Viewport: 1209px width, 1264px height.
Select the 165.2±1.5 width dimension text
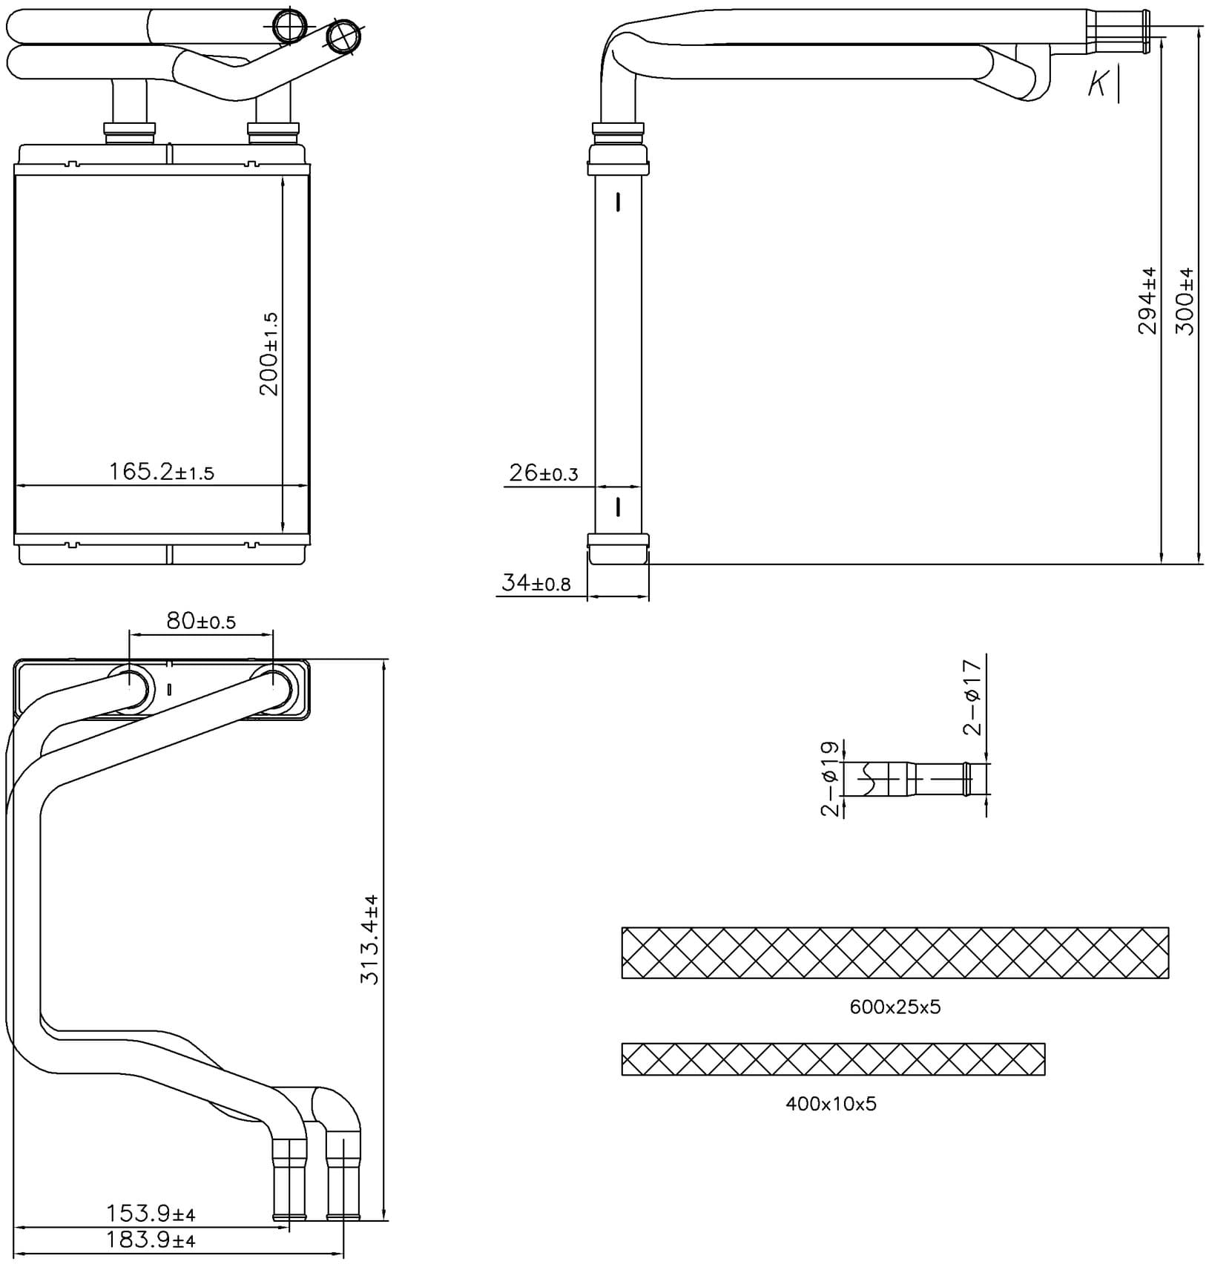[162, 472]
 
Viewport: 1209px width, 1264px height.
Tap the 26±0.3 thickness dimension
[544, 473]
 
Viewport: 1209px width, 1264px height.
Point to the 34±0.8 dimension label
[536, 583]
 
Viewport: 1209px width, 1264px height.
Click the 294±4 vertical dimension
[1147, 300]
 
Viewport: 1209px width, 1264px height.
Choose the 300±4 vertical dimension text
[1185, 300]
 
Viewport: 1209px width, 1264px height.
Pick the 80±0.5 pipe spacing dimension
[201, 621]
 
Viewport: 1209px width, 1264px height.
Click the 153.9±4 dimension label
[151, 1214]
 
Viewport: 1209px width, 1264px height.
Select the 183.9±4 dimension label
[151, 1240]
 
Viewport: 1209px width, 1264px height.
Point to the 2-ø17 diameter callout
[972, 697]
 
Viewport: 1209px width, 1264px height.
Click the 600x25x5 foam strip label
[895, 1007]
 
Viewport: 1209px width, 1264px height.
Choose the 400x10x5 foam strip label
[831, 1104]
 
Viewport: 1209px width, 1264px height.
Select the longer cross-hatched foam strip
[895, 952]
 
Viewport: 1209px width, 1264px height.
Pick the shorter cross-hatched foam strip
[834, 1059]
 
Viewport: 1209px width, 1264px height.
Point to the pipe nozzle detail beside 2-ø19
[917, 780]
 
